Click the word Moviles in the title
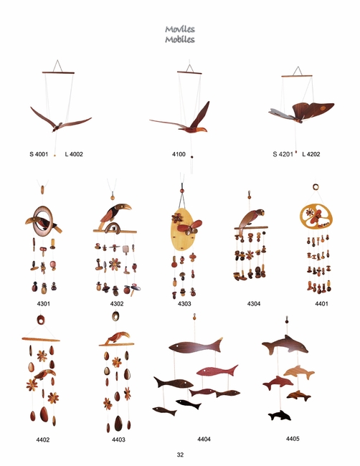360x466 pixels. click(180, 29)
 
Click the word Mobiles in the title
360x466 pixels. click(180, 39)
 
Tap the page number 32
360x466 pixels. click(180, 455)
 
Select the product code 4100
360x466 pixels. click(179, 154)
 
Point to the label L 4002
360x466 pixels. click(74, 154)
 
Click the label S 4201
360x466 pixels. click(283, 154)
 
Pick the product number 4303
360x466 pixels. click(184, 303)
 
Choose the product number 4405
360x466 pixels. click(293, 439)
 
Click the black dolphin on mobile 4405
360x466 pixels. click(280, 416)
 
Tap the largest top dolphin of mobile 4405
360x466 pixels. click(285, 345)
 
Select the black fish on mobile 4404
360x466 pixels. click(189, 404)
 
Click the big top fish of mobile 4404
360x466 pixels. click(196, 346)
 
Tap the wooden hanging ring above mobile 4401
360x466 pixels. click(316, 187)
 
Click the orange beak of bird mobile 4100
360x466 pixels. click(201, 130)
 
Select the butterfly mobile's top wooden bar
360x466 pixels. click(297, 77)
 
